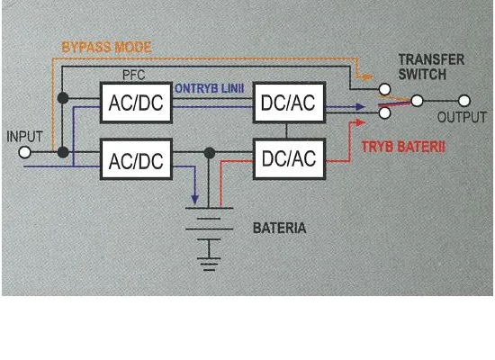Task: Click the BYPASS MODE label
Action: coord(107,48)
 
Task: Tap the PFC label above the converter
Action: coord(133,76)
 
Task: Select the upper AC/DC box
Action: coord(136,103)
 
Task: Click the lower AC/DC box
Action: coord(136,159)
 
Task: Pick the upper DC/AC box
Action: coord(289,103)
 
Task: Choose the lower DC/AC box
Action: coord(289,159)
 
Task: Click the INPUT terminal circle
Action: coord(24,152)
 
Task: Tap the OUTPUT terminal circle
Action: coord(463,101)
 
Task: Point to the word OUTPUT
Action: coord(462,117)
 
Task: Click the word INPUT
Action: coord(24,137)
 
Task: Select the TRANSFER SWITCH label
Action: coord(431,67)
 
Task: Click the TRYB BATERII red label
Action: coord(403,148)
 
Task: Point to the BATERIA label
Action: coord(279,228)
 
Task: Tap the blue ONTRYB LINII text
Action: coord(210,89)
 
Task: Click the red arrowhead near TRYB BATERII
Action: coord(360,122)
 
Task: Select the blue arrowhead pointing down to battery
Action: coord(194,200)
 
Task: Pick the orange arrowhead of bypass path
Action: coord(367,76)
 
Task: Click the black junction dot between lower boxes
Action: coord(210,153)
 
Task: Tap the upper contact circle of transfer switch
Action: coord(384,89)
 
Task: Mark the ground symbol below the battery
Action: coord(209,265)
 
